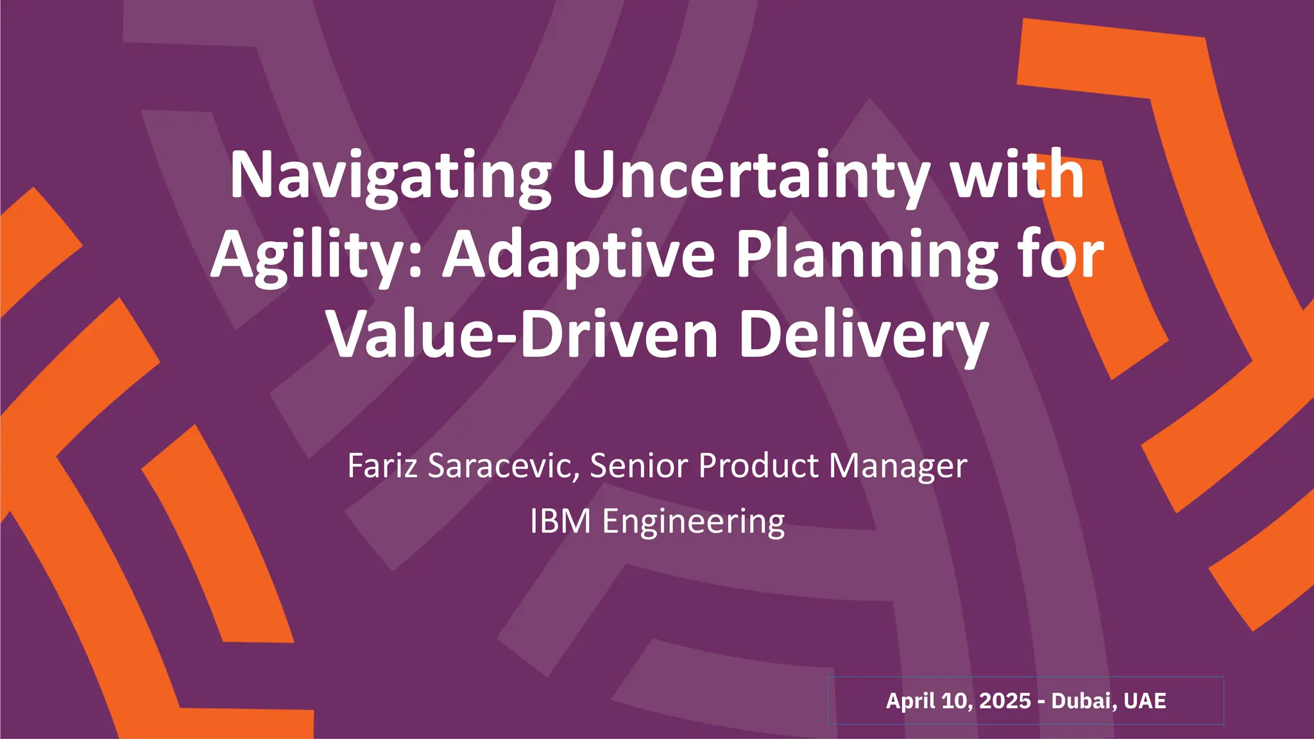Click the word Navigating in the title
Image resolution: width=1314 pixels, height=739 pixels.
[390, 176]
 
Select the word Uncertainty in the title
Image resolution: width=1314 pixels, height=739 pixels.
[749, 176]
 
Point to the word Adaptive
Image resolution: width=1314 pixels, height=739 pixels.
[579, 255]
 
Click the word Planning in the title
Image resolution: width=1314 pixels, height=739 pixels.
[867, 255]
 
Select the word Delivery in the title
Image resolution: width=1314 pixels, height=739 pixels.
[863, 335]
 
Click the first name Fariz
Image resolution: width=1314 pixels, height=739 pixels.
[382, 466]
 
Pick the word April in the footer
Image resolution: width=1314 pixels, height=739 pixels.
[909, 701]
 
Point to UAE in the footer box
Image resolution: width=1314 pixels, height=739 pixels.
[1145, 701]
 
